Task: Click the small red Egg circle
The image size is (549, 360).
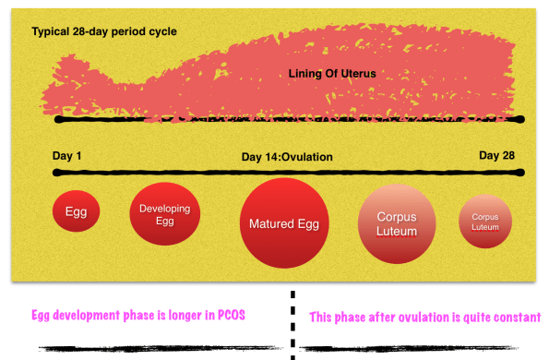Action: (77, 211)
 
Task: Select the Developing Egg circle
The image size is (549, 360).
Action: (165, 214)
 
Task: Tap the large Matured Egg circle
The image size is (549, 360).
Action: (284, 223)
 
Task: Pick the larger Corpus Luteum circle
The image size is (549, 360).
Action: (397, 223)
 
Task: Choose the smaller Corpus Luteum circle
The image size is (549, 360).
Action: (485, 222)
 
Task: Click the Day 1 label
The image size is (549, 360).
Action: (66, 156)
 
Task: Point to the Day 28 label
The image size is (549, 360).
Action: (496, 155)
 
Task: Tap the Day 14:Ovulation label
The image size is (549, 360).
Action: (287, 157)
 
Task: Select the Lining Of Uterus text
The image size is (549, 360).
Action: (332, 74)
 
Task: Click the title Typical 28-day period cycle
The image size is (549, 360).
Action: (104, 31)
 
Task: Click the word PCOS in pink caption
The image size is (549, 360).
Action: (232, 315)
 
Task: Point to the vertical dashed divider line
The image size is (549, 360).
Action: (292, 325)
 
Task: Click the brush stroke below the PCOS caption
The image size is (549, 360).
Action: (161, 349)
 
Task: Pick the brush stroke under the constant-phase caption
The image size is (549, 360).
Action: (409, 348)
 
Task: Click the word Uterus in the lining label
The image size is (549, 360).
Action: (358, 74)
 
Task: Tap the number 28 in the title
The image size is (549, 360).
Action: (79, 31)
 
